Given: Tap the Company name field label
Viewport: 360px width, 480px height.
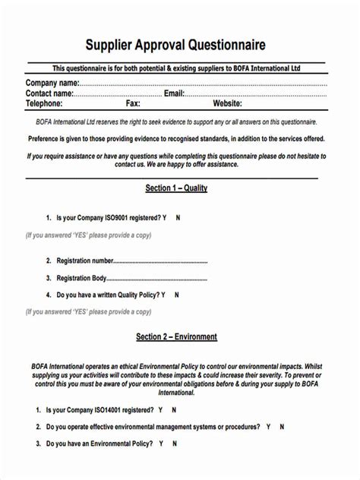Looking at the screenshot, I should point(52,83).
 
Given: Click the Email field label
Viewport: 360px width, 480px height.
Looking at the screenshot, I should point(174,93).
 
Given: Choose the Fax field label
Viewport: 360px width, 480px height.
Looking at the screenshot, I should point(133,103).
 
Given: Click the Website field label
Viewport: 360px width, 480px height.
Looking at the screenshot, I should point(227,103).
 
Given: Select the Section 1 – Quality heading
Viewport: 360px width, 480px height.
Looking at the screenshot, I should point(176,188).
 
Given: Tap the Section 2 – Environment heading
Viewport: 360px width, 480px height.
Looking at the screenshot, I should point(176,336).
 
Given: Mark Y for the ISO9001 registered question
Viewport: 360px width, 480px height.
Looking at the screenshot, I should point(164,217).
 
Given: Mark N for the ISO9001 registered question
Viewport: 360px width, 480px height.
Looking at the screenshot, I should point(178,217).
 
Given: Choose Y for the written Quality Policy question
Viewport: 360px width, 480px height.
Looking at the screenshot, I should point(183,295).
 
